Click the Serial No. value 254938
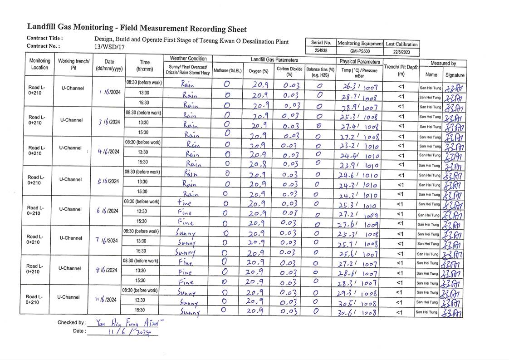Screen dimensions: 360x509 coord(321,51)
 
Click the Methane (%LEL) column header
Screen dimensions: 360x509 coord(227,70)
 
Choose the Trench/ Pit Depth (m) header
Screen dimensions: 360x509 coord(401,70)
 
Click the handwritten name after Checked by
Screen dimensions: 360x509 coord(129,323)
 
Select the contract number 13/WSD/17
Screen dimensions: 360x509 coord(109,47)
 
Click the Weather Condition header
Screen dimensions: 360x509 coord(188,59)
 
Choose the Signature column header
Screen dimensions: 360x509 coord(455,75)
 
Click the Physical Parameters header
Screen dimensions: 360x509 coord(359,61)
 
